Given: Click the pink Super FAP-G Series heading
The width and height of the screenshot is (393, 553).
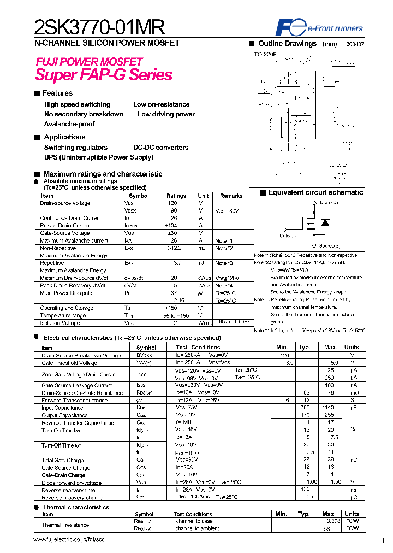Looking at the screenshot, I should coord(104,75).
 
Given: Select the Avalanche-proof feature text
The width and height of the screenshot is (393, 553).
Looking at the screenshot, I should coord(69,124).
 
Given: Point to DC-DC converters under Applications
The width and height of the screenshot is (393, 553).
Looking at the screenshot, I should coord(160,148).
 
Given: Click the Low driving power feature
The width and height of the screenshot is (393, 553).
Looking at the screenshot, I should coord(166,114).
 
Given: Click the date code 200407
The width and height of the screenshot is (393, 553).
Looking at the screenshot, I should coord(355,44).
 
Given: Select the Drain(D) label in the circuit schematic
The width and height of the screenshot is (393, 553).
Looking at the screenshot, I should coord(329,203).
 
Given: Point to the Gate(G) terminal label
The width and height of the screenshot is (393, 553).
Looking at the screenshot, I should coord(287,236).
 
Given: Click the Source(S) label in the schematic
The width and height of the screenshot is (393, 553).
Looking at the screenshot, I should coord(330,246).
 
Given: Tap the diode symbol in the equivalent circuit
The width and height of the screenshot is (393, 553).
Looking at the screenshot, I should coord(325,223).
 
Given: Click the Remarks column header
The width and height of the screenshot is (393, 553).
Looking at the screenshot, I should coord(231,196).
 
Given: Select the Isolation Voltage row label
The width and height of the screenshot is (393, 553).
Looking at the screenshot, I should coord(61,323).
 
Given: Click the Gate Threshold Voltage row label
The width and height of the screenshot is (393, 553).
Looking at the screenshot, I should coord(69,363).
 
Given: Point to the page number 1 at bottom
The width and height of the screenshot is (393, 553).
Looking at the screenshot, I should coord(383,540).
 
